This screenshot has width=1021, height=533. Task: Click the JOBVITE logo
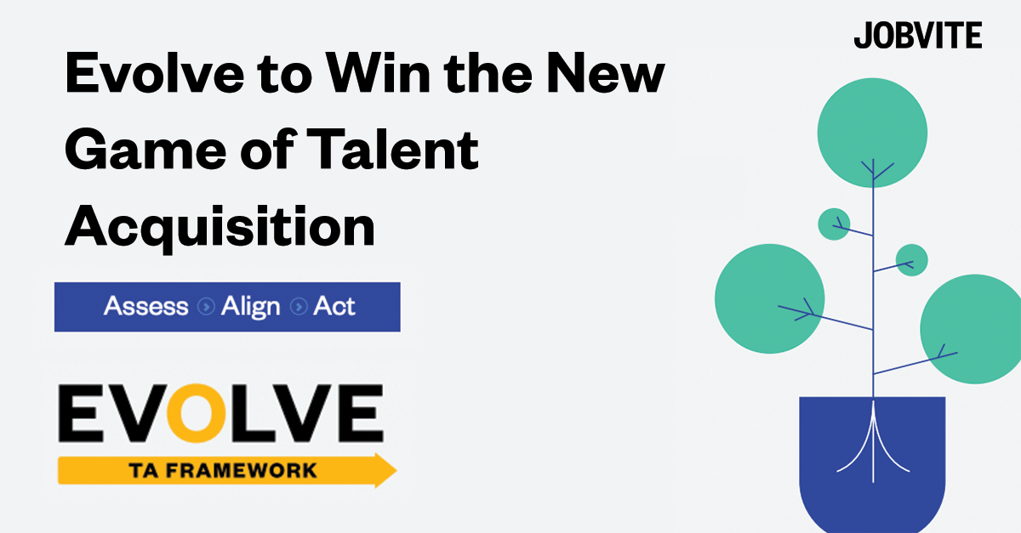click(917, 36)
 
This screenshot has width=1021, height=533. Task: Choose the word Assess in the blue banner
click(145, 306)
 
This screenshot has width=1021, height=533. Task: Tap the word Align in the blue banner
click(250, 306)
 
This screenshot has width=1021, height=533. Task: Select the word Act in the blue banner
click(334, 306)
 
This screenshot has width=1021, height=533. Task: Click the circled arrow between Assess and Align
click(205, 307)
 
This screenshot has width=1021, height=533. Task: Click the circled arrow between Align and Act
click(297, 307)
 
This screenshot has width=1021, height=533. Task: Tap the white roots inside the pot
click(871, 442)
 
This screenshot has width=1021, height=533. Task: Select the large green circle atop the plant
click(872, 132)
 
